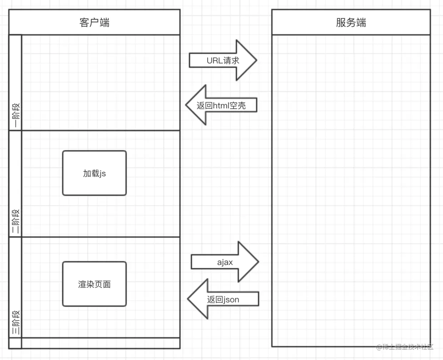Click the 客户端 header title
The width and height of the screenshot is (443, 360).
pyautogui.click(x=94, y=22)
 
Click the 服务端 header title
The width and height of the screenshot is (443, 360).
pyautogui.click(x=351, y=22)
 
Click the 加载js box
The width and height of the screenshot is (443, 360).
pyautogui.click(x=94, y=173)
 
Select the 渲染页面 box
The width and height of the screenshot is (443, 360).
pyautogui.click(x=94, y=284)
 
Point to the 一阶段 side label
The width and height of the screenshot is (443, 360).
pyautogui.click(x=16, y=115)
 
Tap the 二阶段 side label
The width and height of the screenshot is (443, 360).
pyautogui.click(x=16, y=221)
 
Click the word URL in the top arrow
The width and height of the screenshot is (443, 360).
pyautogui.click(x=214, y=60)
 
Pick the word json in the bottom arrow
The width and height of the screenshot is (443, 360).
pyautogui.click(x=231, y=300)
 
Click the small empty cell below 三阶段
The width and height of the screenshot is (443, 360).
pyautogui.click(x=15, y=343)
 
